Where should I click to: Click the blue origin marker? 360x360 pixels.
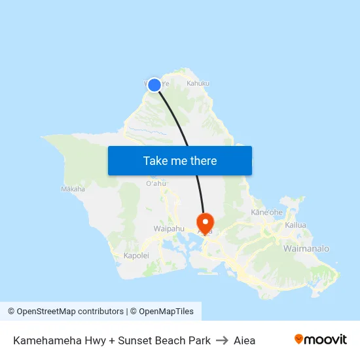point(154,85)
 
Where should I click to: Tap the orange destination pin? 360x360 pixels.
point(205,223)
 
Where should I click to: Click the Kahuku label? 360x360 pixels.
point(198,84)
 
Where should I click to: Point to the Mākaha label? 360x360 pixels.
point(73,189)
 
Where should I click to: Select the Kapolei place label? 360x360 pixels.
point(137,256)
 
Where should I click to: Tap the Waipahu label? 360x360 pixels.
point(169,229)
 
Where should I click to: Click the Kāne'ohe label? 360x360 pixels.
point(266,213)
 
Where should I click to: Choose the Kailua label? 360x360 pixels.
point(295,225)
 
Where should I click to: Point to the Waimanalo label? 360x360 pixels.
point(306,249)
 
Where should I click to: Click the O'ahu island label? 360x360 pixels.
point(156,184)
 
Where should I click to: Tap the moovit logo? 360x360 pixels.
point(321,340)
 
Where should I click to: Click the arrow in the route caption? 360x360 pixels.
point(222,340)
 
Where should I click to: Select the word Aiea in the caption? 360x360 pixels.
point(244,340)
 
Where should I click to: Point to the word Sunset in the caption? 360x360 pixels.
point(134,340)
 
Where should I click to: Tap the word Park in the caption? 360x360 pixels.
point(198,340)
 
